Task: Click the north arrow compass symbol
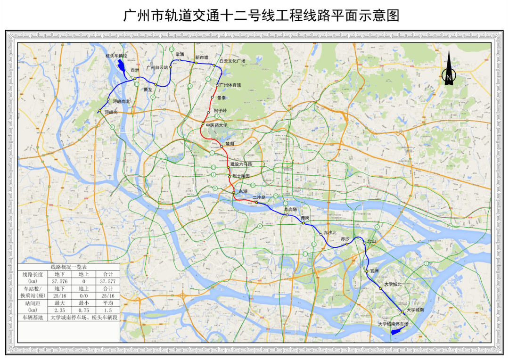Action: point(449,70)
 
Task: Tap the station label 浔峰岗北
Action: point(121,101)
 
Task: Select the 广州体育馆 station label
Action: point(231,85)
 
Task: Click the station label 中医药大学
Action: point(216,125)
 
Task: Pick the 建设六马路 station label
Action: point(241,164)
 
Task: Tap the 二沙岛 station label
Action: point(259,197)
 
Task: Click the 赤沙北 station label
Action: point(330,234)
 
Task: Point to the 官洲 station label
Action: point(374,271)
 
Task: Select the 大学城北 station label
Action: point(393,284)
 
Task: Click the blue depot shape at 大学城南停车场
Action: point(397,332)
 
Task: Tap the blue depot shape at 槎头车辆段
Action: point(121,66)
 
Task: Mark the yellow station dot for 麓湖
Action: point(221,146)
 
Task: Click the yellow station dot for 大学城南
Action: point(402,311)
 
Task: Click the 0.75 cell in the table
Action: point(84,311)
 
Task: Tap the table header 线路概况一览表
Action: point(69,267)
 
